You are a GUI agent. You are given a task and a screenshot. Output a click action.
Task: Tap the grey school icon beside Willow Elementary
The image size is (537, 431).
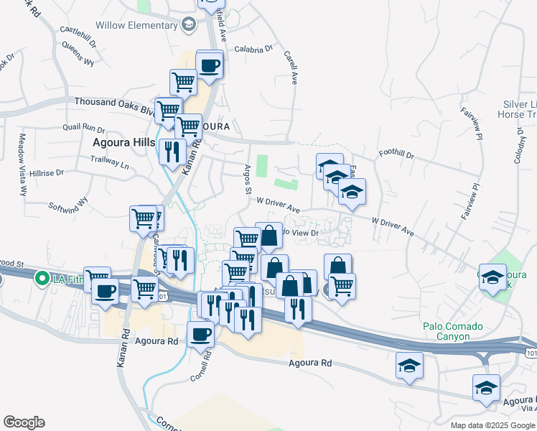coord(189,26)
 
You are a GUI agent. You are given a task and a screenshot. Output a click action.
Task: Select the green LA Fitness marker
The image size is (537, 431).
coord(42,278)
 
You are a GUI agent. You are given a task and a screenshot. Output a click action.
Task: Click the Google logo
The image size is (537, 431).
coord(24,422)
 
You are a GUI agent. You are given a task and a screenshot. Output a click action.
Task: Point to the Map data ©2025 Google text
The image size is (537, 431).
coord(492,425)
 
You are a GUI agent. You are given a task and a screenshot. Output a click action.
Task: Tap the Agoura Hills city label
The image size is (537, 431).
coord(123,142)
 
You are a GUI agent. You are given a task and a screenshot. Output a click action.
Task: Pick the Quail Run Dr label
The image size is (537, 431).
coord(84,128)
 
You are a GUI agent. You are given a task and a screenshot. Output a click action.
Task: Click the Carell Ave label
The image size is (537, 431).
coord(290,68)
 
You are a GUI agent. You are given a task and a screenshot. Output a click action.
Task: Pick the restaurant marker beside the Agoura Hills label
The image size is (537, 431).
coord(172,152)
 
